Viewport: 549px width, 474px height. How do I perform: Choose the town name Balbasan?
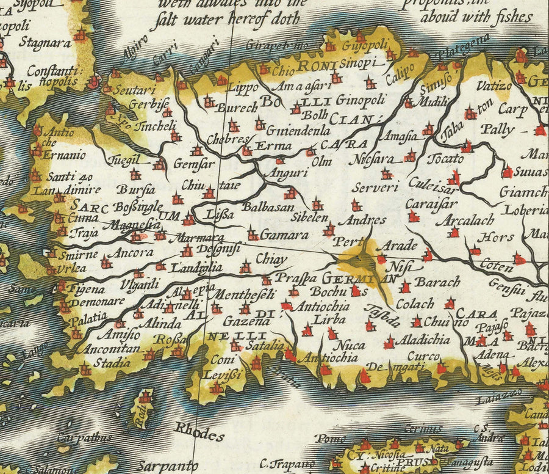tap(268, 207)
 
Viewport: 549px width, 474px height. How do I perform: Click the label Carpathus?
tap(84, 438)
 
